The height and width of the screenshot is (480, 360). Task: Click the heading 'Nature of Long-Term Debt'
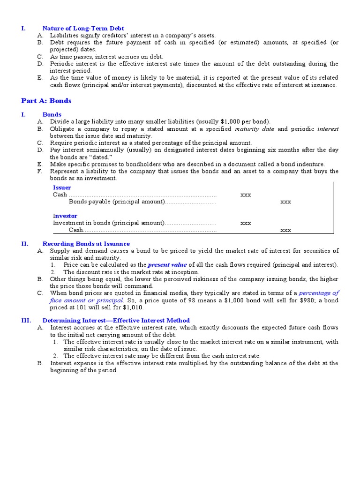(83, 29)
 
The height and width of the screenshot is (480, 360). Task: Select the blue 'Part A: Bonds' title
(46, 101)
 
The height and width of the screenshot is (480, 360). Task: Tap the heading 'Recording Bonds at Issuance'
(86, 244)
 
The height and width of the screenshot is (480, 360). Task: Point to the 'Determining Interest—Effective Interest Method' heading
(116, 321)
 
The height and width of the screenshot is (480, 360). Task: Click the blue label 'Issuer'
(62, 187)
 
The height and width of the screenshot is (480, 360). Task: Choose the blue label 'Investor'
(65, 216)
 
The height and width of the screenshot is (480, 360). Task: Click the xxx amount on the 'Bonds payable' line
(285, 202)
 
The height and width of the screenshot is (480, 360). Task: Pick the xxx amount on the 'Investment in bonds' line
(246, 223)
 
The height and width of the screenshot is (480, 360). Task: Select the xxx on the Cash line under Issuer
(246, 195)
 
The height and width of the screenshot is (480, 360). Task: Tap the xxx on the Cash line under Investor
(285, 230)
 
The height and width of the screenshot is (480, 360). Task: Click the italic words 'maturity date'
(254, 129)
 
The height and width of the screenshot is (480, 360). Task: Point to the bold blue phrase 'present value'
(167, 265)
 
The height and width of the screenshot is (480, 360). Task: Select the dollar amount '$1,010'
(135, 307)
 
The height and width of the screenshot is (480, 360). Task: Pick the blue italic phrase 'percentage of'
(319, 293)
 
